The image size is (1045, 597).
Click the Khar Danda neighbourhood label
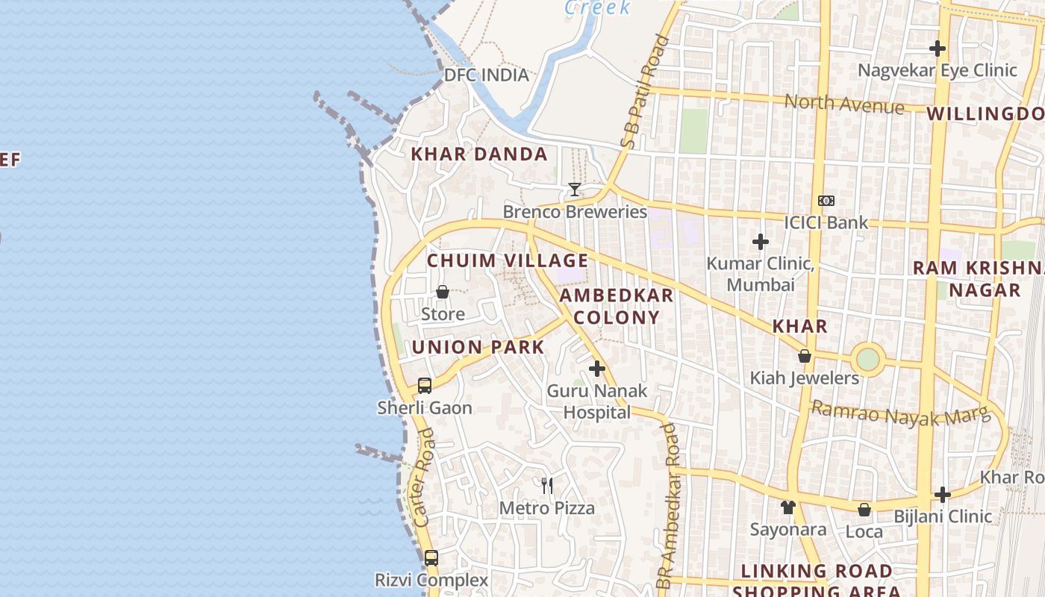pos(479,154)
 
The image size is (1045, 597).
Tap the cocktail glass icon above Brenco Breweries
pos(574,190)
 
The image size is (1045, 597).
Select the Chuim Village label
pos(508,260)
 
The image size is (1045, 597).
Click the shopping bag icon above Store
pos(443,292)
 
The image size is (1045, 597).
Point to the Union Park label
pos(478,347)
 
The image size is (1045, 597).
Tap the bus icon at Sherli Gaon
pos(425,386)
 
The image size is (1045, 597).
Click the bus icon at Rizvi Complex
pos(431,557)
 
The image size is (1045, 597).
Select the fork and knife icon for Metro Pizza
pos(547,486)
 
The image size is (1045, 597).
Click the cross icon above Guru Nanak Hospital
pos(597,368)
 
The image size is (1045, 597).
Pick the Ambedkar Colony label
pos(617,306)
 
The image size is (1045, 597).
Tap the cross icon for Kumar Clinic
pos(761,242)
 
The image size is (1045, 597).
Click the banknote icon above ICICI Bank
pos(826,201)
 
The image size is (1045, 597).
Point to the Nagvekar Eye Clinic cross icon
pos(938,49)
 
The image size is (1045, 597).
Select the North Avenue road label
pos(844,104)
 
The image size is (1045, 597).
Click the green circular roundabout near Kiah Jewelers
pos(868,359)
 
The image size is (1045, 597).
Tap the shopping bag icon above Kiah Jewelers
pos(805,356)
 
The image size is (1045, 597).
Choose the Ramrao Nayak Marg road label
pos(900,413)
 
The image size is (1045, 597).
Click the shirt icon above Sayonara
pos(788,507)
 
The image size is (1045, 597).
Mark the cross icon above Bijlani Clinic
pos(943,494)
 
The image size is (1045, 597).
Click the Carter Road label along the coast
pos(423,488)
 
